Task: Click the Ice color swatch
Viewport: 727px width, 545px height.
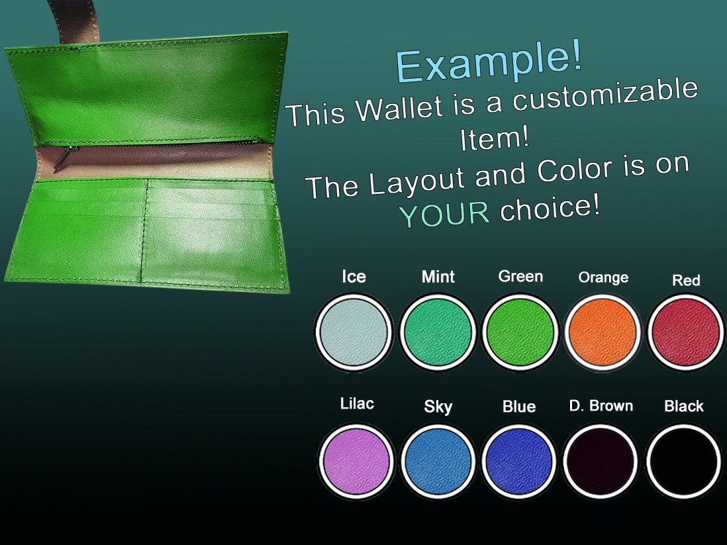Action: tap(353, 331)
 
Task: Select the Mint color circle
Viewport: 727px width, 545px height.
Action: tap(438, 331)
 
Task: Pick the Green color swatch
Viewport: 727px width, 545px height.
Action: tap(520, 331)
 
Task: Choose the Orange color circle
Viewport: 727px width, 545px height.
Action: tap(603, 331)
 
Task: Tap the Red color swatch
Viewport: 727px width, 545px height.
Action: tap(685, 331)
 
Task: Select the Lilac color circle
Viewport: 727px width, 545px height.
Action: tap(356, 461)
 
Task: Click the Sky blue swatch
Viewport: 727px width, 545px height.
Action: tap(438, 461)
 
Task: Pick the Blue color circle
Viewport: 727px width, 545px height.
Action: tap(520, 461)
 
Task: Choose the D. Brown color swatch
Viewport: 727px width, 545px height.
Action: tap(601, 461)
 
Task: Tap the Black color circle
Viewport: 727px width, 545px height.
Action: tap(684, 461)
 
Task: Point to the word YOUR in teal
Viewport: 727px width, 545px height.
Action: tap(444, 214)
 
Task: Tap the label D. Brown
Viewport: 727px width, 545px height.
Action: tap(601, 405)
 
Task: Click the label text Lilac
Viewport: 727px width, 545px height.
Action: tap(356, 403)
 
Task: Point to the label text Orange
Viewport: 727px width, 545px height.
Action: tap(603, 277)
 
